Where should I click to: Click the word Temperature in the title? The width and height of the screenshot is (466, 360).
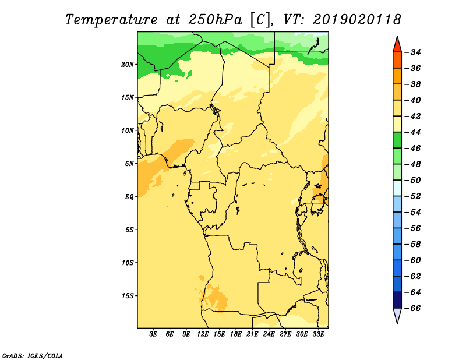point(111,20)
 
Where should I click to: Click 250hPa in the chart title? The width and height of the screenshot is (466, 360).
point(215,20)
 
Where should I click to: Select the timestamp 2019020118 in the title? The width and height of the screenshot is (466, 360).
point(357,20)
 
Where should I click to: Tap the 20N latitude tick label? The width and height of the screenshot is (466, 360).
point(128,65)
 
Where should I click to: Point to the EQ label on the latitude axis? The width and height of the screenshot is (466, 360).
point(129,197)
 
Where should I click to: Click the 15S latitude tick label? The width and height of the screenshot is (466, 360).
point(128,296)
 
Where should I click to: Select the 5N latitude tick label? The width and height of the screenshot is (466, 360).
point(129,164)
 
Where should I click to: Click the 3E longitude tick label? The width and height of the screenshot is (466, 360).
point(153,334)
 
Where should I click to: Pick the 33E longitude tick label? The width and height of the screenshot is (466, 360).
point(318,334)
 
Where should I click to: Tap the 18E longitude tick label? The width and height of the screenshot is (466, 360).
point(236,334)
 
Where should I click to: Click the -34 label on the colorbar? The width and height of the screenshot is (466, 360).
point(413,52)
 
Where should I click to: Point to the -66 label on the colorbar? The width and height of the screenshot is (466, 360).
point(413,309)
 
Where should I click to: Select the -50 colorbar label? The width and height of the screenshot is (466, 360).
point(413,181)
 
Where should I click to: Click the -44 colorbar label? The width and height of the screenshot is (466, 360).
point(413,133)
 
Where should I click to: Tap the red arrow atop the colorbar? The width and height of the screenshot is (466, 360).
point(397,45)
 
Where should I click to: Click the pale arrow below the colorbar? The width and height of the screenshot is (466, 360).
point(397,315)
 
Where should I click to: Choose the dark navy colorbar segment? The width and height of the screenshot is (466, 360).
point(397,300)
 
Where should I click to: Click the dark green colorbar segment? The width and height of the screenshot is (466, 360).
point(397,140)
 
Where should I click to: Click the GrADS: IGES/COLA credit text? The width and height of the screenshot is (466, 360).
point(33,356)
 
